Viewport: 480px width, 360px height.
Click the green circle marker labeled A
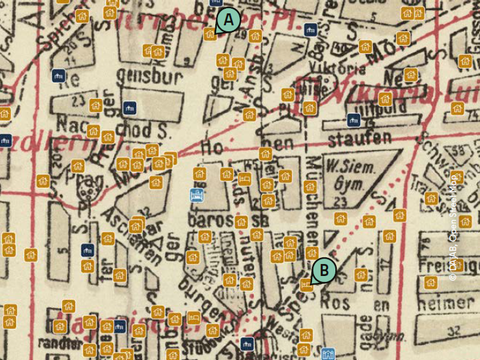(227, 19)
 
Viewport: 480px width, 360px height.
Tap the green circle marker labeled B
(323, 269)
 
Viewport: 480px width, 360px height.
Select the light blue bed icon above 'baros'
(197, 196)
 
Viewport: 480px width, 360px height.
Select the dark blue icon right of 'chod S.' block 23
(128, 107)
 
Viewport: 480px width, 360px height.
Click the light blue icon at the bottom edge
(328, 353)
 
